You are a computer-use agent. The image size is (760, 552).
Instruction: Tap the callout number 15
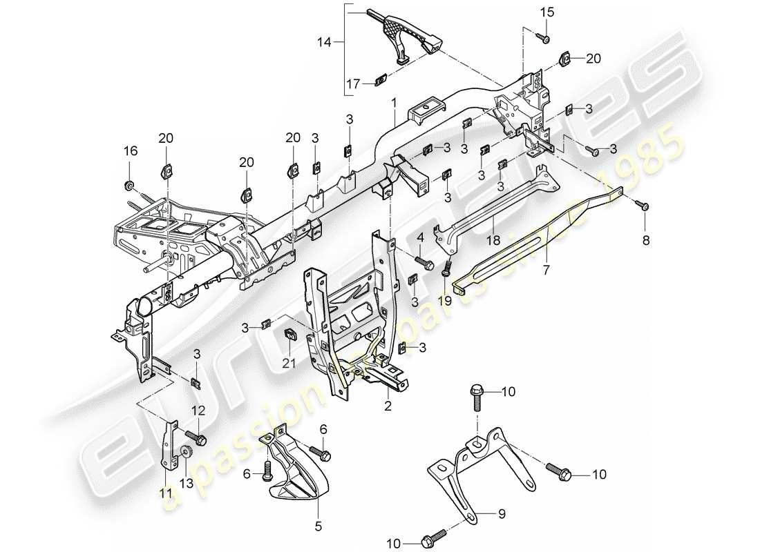pyautogui.click(x=547, y=12)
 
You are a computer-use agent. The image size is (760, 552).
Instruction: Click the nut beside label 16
pyautogui.click(x=129, y=185)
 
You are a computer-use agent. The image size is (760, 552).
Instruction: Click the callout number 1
pyautogui.click(x=393, y=102)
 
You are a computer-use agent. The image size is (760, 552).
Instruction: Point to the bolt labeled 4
pyautogui.click(x=423, y=263)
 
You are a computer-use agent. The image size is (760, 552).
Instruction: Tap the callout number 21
pyautogui.click(x=291, y=363)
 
